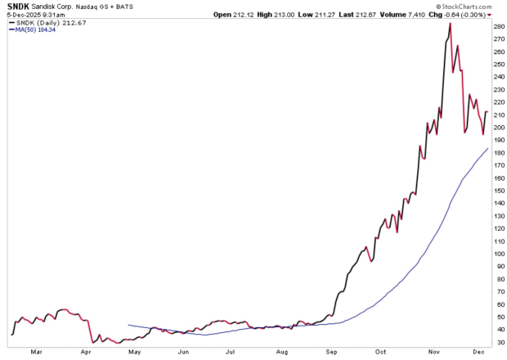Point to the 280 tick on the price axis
[x=497, y=26]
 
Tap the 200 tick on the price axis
[x=497, y=127]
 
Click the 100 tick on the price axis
[x=497, y=254]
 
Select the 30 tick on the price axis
[x=497, y=342]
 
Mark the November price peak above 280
[x=451, y=24]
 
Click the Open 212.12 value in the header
[x=234, y=15]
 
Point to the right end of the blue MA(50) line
[x=487, y=148]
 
